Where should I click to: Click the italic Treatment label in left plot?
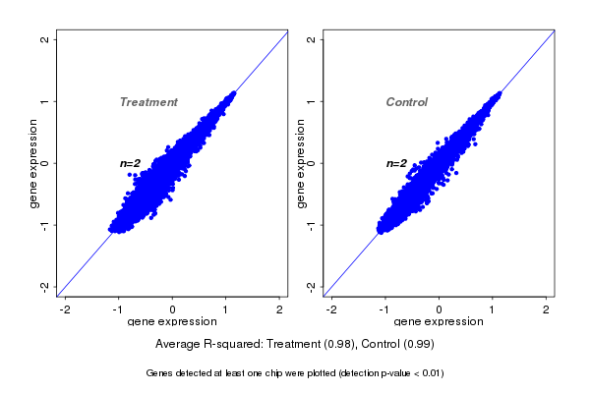[x=148, y=102]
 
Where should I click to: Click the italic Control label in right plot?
[x=407, y=102]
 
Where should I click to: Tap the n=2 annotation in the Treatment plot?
[x=131, y=163]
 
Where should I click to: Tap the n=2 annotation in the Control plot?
[x=396, y=163]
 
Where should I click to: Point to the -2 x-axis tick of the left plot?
[x=65, y=309]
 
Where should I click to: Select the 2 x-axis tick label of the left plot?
[x=281, y=309]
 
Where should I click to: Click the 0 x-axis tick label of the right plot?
[x=440, y=309]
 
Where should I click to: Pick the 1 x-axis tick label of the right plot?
[x=493, y=309]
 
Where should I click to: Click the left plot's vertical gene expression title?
[x=34, y=163]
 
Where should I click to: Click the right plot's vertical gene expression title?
[x=300, y=163]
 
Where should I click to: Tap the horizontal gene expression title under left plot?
[x=173, y=322]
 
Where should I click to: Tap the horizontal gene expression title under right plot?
[x=440, y=322]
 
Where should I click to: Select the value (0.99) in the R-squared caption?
[x=416, y=345]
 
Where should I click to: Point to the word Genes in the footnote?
[x=159, y=373]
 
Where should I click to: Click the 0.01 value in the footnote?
[x=431, y=373]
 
